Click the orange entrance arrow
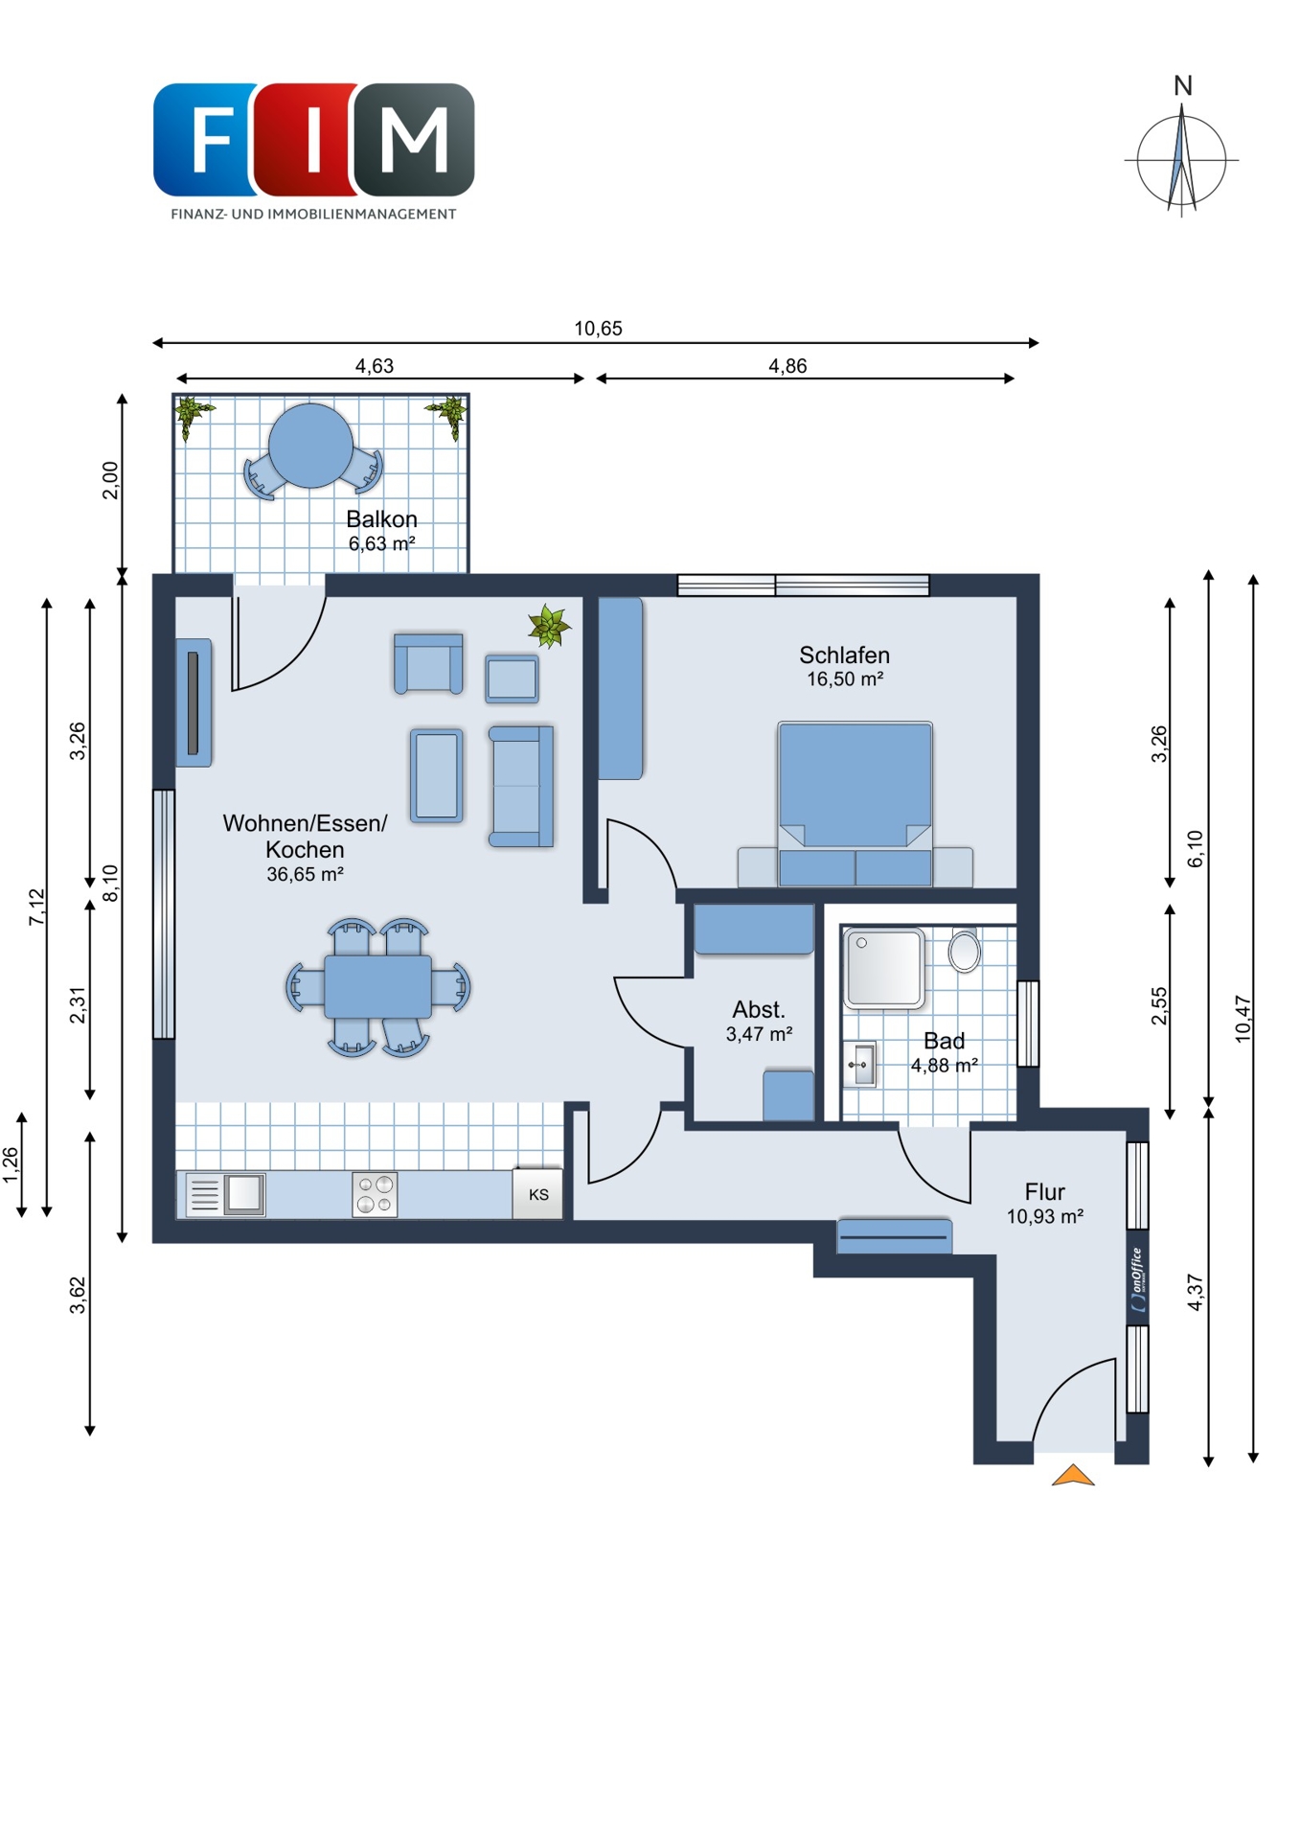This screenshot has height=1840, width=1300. (x=1072, y=1476)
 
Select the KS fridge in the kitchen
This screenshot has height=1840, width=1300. (x=537, y=1194)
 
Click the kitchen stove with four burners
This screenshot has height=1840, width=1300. (x=375, y=1195)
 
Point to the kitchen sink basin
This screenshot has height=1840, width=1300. (x=244, y=1194)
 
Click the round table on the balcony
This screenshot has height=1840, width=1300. (x=310, y=446)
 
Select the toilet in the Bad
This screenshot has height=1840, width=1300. (x=964, y=950)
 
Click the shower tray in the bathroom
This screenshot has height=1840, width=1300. (x=883, y=968)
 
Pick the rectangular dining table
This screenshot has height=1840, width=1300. (x=377, y=987)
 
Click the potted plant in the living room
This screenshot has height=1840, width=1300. (x=549, y=626)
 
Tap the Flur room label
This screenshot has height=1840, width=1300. (x=1044, y=1191)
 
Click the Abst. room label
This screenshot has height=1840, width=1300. (x=759, y=1009)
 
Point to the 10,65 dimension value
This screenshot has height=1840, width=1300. (x=598, y=329)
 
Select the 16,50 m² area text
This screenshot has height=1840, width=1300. (x=844, y=678)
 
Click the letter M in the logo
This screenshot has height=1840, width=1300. (x=414, y=140)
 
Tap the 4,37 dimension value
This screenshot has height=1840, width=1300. (x=1195, y=1292)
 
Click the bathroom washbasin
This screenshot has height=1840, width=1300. (x=860, y=1065)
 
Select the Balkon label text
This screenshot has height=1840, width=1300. (x=381, y=518)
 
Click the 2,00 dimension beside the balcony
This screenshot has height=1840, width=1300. (x=110, y=480)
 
